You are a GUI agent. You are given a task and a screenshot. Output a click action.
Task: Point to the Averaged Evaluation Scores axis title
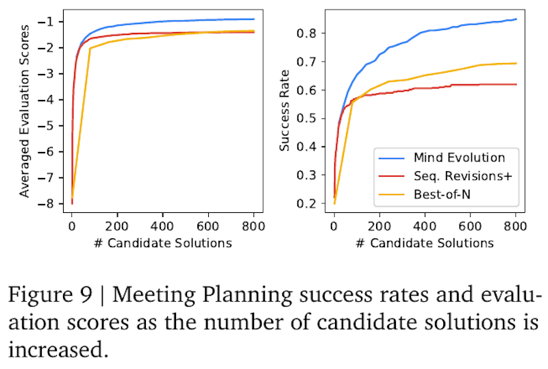point(24,110)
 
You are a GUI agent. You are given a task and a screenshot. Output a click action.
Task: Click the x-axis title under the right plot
point(425,242)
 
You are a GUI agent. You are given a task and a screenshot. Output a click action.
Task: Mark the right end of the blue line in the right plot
point(516,19)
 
